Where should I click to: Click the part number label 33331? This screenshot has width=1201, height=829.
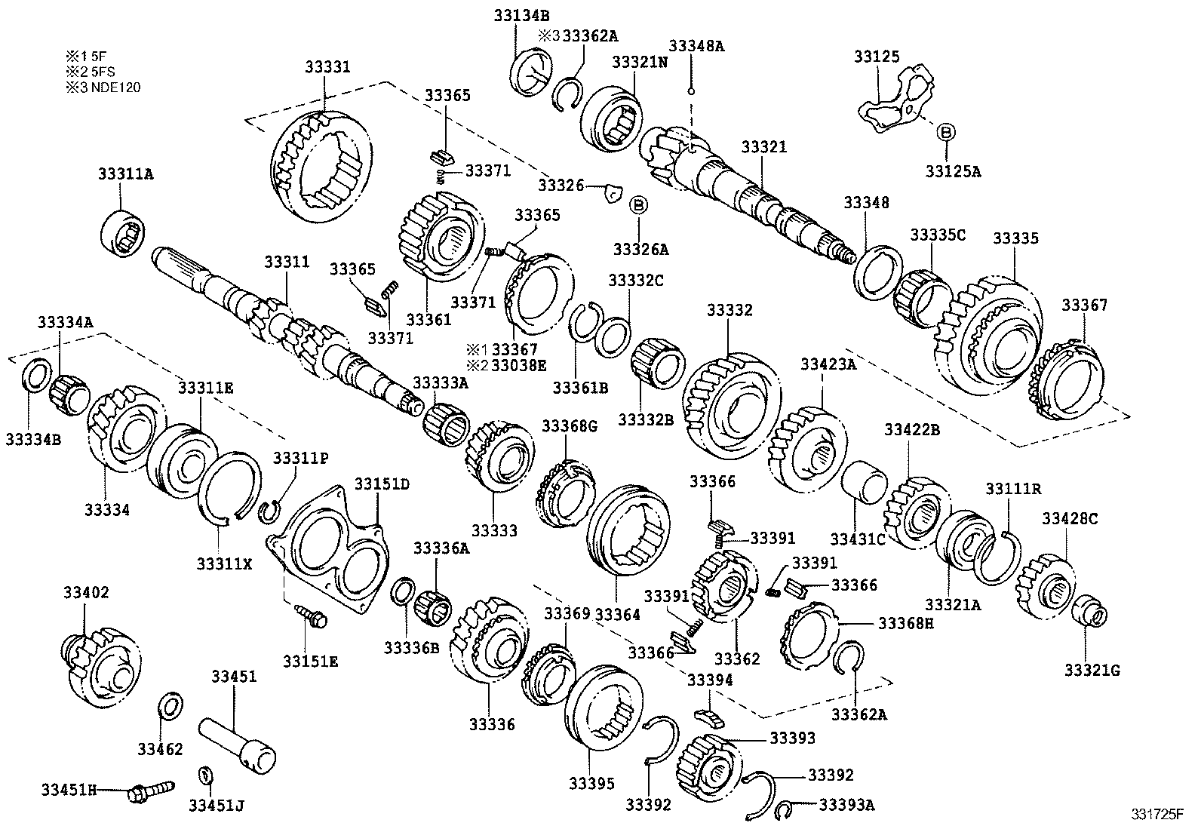point(327,67)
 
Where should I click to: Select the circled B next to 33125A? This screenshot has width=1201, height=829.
point(945,132)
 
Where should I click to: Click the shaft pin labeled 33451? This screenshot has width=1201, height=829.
point(237,741)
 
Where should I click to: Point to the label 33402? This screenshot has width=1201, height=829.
point(85,593)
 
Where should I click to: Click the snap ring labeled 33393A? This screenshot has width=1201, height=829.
point(785,809)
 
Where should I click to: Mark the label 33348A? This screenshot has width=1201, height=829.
point(696,46)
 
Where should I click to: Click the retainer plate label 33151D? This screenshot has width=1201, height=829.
point(382,484)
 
